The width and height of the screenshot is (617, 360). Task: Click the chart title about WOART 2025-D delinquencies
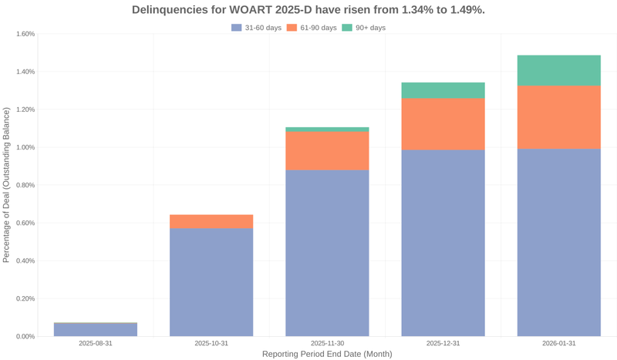click(308, 10)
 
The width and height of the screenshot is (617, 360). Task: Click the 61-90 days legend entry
click(312, 28)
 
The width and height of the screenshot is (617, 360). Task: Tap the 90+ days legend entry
click(363, 28)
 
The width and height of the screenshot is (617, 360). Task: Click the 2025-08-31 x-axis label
click(96, 343)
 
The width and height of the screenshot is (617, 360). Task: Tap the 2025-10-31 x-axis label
click(211, 343)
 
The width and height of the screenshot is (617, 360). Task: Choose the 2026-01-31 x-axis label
click(558, 343)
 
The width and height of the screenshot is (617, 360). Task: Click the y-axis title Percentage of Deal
click(7, 185)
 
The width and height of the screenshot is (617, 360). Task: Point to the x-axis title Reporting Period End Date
click(327, 355)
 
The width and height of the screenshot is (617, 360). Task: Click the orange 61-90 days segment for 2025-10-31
click(211, 221)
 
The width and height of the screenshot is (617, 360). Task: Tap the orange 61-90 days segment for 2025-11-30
click(327, 151)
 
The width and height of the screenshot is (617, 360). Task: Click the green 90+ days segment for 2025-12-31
click(443, 90)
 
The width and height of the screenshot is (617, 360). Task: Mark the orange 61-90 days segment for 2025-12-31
click(443, 124)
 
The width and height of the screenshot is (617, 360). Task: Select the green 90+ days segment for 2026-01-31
click(558, 70)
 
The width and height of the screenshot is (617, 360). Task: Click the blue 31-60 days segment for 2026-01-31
click(558, 242)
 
